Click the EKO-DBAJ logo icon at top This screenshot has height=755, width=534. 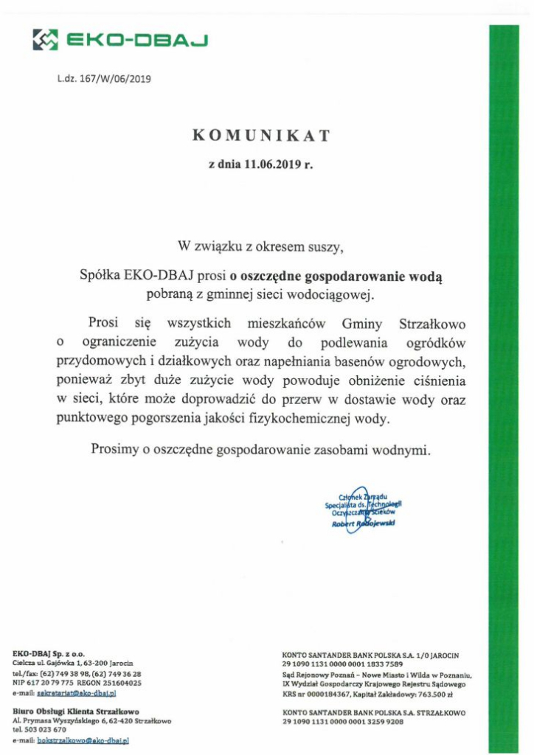pyautogui.click(x=45, y=39)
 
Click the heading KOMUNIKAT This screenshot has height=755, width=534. pyautogui.click(x=261, y=136)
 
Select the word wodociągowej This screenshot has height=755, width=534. pyautogui.click(x=334, y=296)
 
